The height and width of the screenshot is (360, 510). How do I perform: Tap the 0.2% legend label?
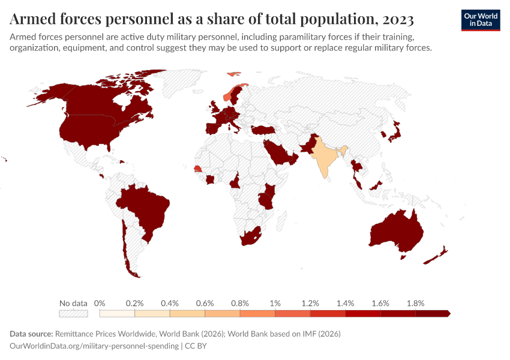click(134, 303)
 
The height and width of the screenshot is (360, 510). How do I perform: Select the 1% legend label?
click(275, 303)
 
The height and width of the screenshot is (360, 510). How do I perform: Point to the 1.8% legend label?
click(415, 303)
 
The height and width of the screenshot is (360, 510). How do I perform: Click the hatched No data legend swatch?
click(73, 313)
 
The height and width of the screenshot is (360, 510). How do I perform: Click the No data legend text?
click(73, 303)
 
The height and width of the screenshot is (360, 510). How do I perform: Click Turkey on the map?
click(264, 130)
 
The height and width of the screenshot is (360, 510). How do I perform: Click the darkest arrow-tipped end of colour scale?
click(446, 313)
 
